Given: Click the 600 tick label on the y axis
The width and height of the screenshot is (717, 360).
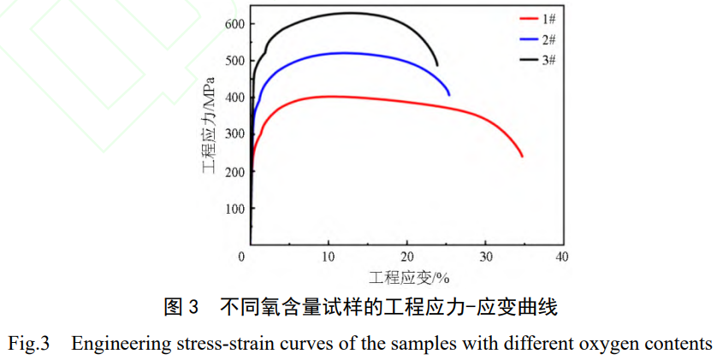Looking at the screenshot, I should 235,23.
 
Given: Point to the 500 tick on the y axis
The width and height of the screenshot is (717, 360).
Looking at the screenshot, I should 235,61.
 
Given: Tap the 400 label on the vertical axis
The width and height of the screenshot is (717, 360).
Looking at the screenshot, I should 235,97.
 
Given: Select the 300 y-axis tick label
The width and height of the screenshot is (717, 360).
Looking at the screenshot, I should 235,134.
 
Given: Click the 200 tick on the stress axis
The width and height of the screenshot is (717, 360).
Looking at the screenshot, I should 235,171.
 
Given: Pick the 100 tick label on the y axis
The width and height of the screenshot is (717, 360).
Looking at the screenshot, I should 235,209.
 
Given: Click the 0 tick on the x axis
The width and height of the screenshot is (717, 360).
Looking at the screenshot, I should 250,257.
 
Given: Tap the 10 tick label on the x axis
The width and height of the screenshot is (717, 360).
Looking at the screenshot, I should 328,257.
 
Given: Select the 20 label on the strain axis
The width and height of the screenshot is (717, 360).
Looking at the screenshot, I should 408,257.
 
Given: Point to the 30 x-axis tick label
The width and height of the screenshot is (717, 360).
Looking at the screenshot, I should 485,257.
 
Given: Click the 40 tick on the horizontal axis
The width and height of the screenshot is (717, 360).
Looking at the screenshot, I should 562,257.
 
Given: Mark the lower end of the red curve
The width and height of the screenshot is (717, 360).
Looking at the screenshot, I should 522,156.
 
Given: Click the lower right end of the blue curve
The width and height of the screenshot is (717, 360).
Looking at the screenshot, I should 449,94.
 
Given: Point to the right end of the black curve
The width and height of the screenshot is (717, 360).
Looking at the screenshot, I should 437,65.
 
